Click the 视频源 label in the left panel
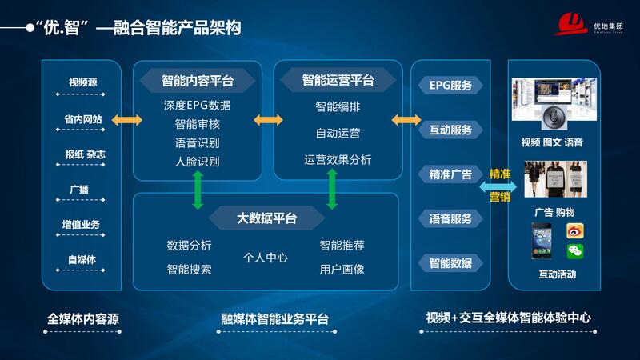pyautogui.click(x=83, y=82)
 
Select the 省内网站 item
pyautogui.click(x=83, y=119)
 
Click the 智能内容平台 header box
pyautogui.click(x=198, y=80)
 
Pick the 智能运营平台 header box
pyautogui.click(x=338, y=80)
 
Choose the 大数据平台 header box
pyautogui.click(x=266, y=218)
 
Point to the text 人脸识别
pyautogui.click(x=197, y=162)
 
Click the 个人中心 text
pyautogui.click(x=266, y=258)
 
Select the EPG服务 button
pyautogui.click(x=450, y=85)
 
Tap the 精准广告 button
pyautogui.click(x=450, y=174)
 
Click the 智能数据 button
pyautogui.click(x=450, y=263)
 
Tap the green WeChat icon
pyautogui.click(x=575, y=251)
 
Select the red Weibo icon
pyautogui.click(x=575, y=230)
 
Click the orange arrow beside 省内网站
pyautogui.click(x=126, y=120)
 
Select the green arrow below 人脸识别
pyautogui.click(x=197, y=190)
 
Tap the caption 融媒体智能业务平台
pyautogui.click(x=274, y=318)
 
